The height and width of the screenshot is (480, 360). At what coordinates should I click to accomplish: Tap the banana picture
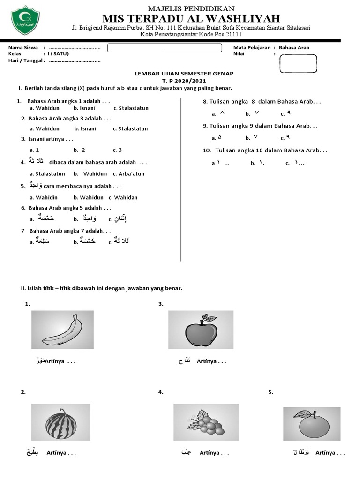coord(62,330)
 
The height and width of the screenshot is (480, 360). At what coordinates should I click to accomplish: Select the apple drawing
coord(201,330)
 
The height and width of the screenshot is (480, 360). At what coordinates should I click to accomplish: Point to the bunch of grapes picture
coord(205,422)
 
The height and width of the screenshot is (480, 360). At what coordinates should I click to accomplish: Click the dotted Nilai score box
coord(298,63)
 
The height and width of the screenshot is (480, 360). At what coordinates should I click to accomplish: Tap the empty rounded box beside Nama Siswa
coord(165,48)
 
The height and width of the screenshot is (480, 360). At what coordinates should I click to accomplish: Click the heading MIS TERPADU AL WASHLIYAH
coord(191,19)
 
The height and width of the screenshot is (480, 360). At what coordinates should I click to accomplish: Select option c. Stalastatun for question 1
coord(131,108)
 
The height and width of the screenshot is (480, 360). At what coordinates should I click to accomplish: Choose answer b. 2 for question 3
coord(79,150)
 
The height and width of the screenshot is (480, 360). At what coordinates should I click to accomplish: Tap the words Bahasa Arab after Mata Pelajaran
coord(294,47)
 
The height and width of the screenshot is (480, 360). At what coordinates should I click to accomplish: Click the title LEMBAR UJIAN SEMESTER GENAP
coord(184,74)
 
